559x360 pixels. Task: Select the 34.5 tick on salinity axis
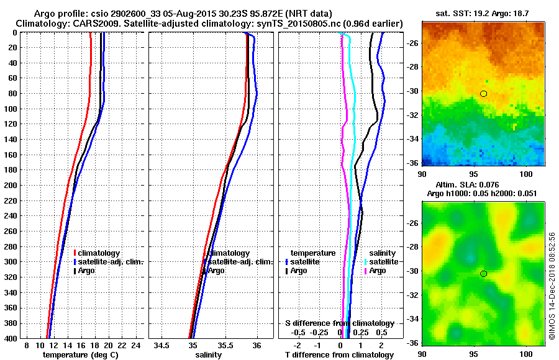point(163,344)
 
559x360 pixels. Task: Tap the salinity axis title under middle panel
point(209,354)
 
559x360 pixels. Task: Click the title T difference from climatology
point(339,354)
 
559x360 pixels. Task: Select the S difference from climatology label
point(339,323)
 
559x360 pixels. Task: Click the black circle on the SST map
point(483,94)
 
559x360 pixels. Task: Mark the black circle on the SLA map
point(483,274)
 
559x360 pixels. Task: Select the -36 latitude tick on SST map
point(413,163)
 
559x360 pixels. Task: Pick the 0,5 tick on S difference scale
point(382,332)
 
